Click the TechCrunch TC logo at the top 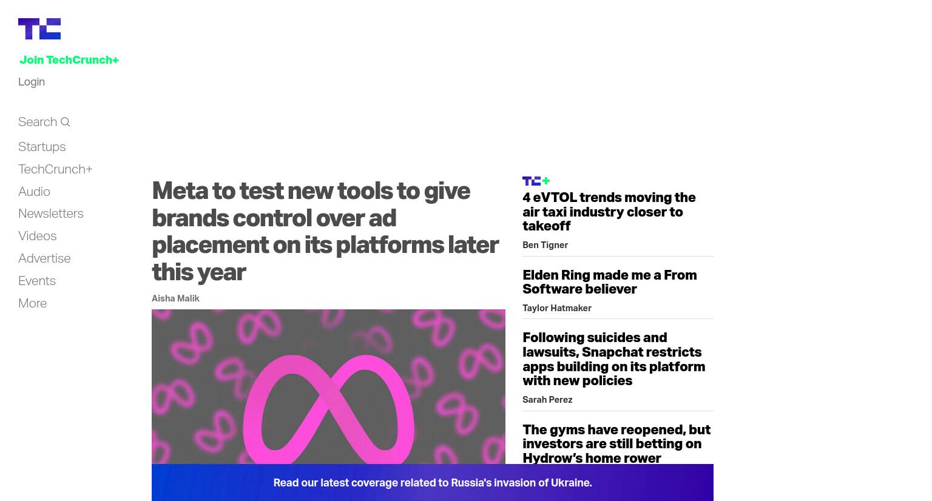39,29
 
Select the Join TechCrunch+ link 69,60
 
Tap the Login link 32,82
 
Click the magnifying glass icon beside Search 66,122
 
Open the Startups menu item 42,147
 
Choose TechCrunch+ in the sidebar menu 55,169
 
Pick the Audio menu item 34,192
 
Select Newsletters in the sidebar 51,214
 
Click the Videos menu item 38,236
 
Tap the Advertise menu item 44,258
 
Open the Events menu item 37,281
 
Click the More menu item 32,303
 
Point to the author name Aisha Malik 175,298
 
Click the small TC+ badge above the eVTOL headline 536,181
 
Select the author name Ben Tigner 545,245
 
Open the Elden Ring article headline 610,282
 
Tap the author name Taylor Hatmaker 556,308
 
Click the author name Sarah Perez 547,400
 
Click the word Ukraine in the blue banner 571,483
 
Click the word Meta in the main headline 180,191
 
